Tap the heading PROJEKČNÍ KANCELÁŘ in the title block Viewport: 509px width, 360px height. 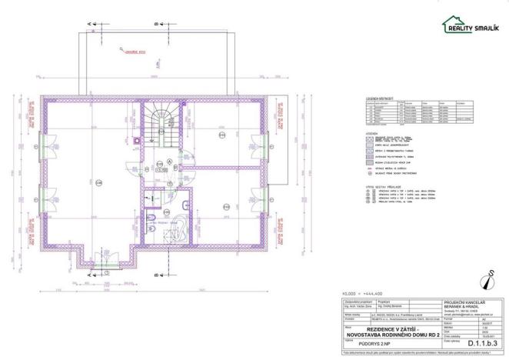tap(464, 302)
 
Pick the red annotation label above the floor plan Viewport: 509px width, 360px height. tap(135, 52)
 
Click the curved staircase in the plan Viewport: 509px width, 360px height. tap(164, 120)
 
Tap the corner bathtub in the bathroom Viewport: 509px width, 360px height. tap(178, 228)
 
